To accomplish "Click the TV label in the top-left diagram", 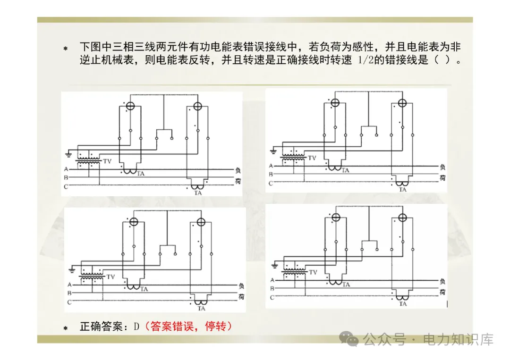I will pos(107,161).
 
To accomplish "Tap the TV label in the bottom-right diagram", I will pos(313,272).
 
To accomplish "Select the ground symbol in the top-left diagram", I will pos(69,153).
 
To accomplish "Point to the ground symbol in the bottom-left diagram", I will pos(72,269).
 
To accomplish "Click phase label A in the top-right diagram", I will pos(271,166).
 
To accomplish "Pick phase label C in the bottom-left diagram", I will pos(69,302).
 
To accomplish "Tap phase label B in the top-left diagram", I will pos(66,177).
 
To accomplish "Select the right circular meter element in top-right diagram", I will pos(402,103).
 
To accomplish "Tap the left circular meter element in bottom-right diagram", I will pos(336,218).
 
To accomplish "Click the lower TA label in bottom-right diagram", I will pos(402,304).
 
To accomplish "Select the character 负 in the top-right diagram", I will pos(442,167).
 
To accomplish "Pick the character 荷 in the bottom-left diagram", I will pos(241,297).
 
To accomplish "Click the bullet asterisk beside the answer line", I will pos(66,327).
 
